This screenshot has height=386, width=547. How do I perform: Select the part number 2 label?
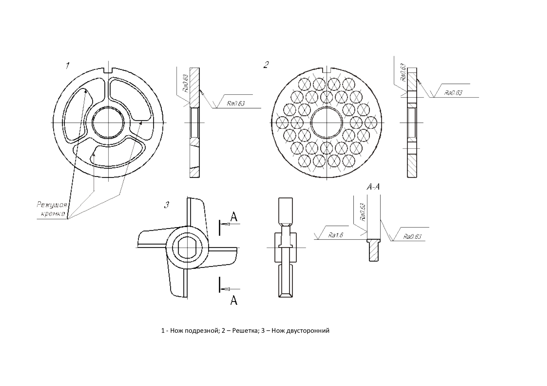tap(266, 65)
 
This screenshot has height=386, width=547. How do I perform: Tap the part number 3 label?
tap(167, 205)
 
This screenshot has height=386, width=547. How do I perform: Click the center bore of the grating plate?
tap(326, 123)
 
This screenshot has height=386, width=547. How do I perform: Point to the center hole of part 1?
tap(108, 123)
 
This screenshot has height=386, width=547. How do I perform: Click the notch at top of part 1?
tap(108, 70)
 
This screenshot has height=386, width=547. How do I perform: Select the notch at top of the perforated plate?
tap(326, 70)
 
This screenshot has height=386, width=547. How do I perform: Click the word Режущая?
tap(52, 205)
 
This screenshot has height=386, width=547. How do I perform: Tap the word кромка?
tap(53, 214)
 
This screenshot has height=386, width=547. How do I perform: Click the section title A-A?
tap(373, 187)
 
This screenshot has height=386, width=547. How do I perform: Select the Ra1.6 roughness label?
tap(336, 235)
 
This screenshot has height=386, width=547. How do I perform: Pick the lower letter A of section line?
tap(234, 300)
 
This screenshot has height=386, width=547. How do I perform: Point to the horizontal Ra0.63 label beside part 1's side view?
tap(236, 103)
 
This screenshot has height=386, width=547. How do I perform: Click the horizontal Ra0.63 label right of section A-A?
tap(412, 237)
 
